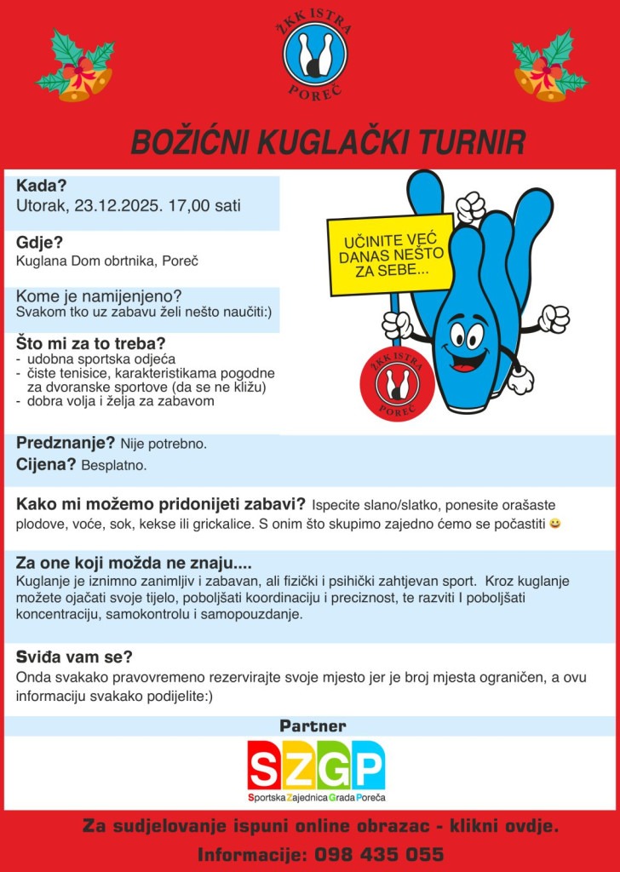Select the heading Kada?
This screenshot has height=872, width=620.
tap(42, 186)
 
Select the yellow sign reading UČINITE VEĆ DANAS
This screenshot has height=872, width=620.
tap(391, 255)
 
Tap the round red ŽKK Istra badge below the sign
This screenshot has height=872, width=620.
tap(391, 385)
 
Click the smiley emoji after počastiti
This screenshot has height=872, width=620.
tap(555, 524)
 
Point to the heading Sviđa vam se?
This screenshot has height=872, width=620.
tap(74, 657)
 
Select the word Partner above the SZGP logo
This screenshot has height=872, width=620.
tap(313, 726)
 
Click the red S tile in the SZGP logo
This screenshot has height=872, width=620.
tap(265, 766)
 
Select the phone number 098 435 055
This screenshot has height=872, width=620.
tap(379, 854)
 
